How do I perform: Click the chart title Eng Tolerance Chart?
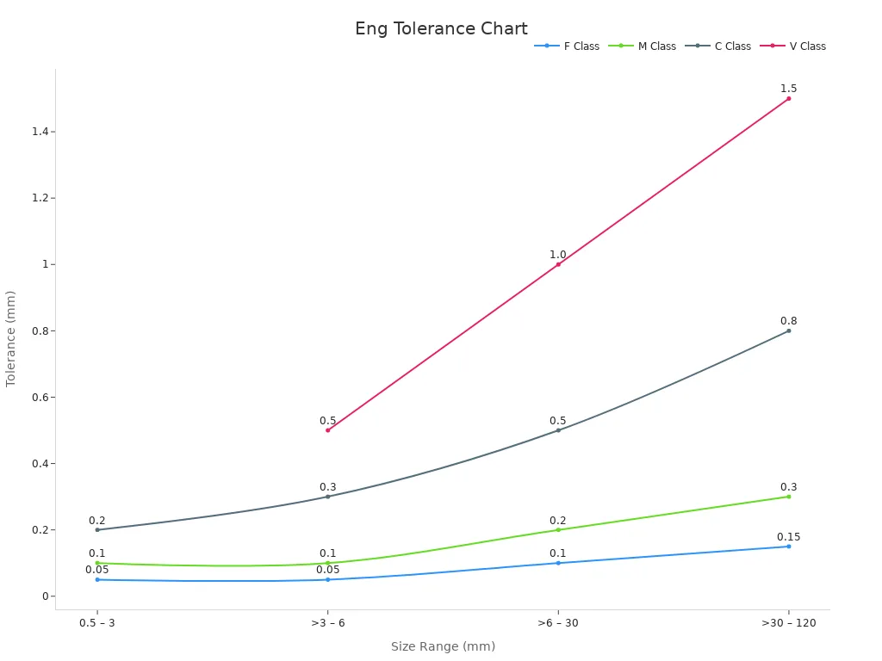pos(441,29)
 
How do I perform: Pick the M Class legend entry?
pos(643,46)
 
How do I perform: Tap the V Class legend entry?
pos(793,46)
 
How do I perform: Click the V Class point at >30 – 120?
pos(788,98)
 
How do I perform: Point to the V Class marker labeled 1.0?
pos(558,264)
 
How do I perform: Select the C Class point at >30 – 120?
pos(788,330)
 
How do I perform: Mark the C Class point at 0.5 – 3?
pos(97,529)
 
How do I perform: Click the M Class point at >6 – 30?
pos(558,529)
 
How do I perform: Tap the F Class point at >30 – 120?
pos(788,547)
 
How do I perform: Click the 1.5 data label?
pos(788,89)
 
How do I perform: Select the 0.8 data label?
pos(788,321)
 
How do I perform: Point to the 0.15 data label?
pos(788,537)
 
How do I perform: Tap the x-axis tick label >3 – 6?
pos(328,622)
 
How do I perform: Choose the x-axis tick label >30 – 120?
pos(788,622)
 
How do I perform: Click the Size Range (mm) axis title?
pos(443,646)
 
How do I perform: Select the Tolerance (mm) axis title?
pos(11,338)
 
